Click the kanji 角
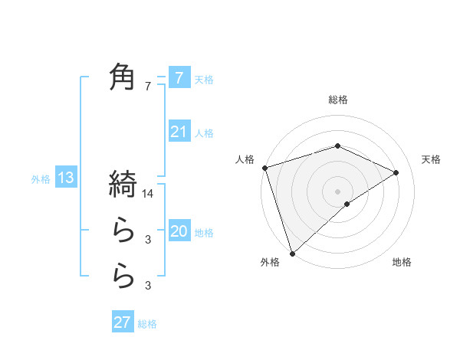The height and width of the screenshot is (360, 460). pyautogui.click(x=123, y=77)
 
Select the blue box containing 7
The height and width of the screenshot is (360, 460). pyautogui.click(x=179, y=77)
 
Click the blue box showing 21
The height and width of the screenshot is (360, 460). pyautogui.click(x=179, y=132)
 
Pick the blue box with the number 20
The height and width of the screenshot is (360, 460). pyautogui.click(x=179, y=231)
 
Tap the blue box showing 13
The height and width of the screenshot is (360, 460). pyautogui.click(x=66, y=178)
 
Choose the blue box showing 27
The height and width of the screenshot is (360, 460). pyautogui.click(x=123, y=322)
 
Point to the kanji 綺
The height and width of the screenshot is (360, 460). pyautogui.click(x=123, y=185)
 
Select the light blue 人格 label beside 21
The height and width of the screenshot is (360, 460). pyautogui.click(x=204, y=133)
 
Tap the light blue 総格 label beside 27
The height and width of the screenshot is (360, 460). pyautogui.click(x=147, y=324)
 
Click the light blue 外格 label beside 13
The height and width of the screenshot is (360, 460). pyautogui.click(x=41, y=179)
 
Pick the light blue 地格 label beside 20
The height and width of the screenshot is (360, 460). pyautogui.click(x=204, y=232)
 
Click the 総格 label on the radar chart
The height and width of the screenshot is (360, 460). pyautogui.click(x=337, y=100)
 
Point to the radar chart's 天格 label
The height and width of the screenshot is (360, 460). pyautogui.click(x=431, y=159)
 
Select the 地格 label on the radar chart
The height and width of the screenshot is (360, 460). pyautogui.click(x=402, y=263)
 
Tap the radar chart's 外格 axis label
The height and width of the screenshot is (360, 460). pyautogui.click(x=270, y=263)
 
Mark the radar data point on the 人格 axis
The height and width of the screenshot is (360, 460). pyautogui.click(x=264, y=168)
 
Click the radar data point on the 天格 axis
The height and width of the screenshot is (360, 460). pyautogui.click(x=396, y=172)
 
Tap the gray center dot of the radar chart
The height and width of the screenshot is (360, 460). pyautogui.click(x=337, y=191)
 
